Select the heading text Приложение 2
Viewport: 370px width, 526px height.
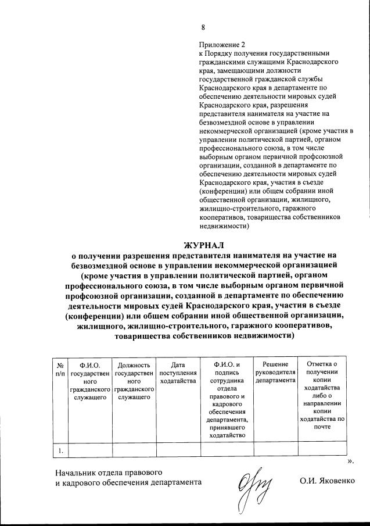(222, 44)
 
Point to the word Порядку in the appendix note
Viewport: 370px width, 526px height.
(219, 53)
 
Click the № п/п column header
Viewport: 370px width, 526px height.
(60, 368)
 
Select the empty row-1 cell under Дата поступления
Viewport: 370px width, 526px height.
(178, 449)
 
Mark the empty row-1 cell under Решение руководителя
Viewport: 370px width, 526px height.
(275, 449)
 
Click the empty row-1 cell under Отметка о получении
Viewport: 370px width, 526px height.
(321, 449)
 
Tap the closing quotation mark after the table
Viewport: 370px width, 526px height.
(350, 461)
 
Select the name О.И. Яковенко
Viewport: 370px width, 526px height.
(326, 482)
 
